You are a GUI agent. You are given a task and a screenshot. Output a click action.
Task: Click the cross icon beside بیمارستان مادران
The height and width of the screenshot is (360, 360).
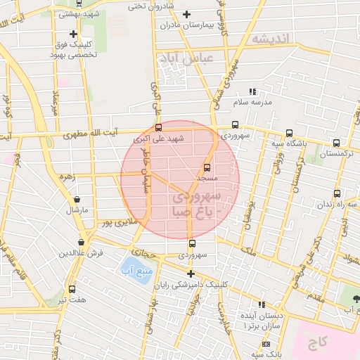click(186, 14)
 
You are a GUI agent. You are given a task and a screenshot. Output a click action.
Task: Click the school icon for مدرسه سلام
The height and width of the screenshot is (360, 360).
click(253, 92)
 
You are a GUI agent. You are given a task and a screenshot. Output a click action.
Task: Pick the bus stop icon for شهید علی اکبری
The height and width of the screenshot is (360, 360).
click(158, 128)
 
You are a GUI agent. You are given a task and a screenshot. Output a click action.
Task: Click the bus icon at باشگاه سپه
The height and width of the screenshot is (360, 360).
click(289, 133)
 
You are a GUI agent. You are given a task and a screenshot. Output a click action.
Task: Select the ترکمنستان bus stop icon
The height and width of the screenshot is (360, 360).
click(336, 142)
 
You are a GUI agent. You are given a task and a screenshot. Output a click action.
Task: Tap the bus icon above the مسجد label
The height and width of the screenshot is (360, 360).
click(207, 167)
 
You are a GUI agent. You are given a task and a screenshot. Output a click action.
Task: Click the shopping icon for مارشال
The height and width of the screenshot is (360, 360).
click(77, 200)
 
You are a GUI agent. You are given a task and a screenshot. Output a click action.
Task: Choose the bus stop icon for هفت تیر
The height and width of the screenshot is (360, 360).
click(72, 289)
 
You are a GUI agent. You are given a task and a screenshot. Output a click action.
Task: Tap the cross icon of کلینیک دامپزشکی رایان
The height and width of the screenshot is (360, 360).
click(190, 273)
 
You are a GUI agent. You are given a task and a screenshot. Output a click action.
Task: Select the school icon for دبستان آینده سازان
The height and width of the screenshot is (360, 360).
click(262, 305)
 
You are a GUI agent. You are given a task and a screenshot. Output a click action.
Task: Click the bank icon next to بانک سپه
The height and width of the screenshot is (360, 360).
click(266, 344)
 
